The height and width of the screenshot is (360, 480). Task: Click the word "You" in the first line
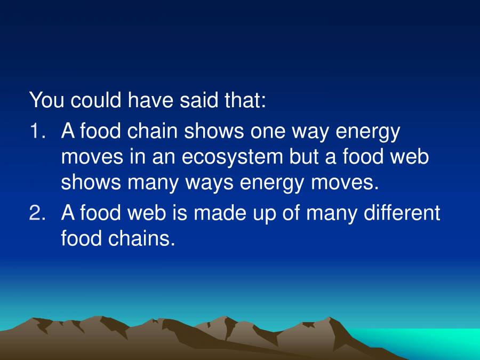[47, 100]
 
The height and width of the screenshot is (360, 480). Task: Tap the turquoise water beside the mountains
[443, 341]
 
